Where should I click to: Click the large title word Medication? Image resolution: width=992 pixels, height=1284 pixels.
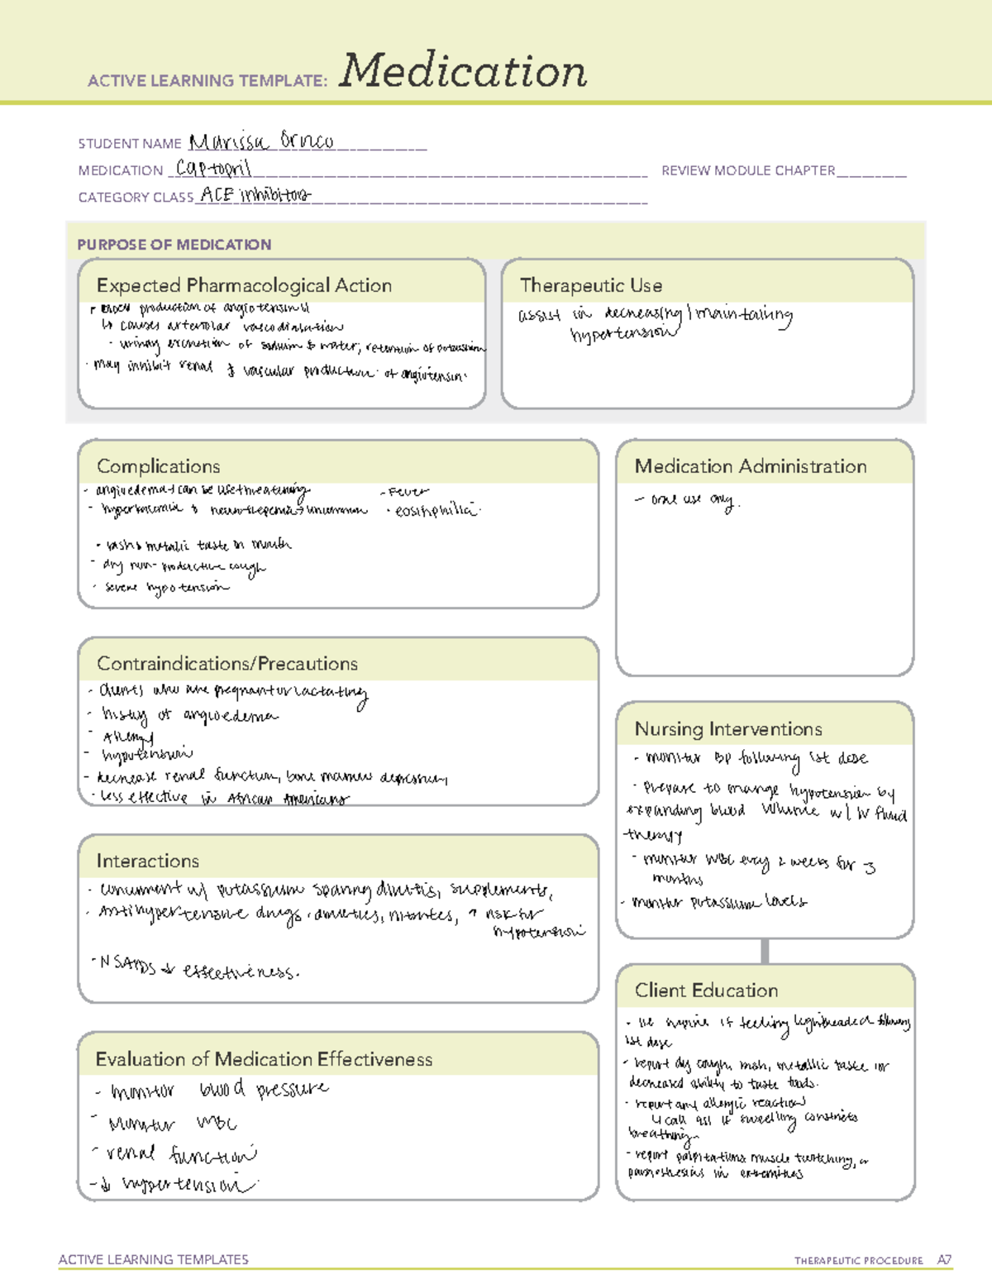463,71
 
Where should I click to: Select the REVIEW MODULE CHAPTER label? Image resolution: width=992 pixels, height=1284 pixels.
748,170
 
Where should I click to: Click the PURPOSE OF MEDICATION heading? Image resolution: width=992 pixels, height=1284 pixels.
174,245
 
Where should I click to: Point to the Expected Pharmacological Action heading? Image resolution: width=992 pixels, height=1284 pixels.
244,285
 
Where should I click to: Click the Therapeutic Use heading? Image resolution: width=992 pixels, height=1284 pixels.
591,285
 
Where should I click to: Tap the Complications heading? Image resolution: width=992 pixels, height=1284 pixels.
159,466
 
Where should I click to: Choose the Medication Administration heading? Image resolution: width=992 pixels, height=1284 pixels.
751,466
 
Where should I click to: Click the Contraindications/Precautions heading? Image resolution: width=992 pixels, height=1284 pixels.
227,664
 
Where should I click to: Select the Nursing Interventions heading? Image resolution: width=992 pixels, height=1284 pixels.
728,729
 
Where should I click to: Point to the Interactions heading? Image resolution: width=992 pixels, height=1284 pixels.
148,862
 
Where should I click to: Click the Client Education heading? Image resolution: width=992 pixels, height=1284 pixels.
706,990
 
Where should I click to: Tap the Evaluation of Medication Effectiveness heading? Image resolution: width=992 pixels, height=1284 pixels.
264,1060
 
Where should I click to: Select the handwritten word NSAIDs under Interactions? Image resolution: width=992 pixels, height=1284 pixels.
127,964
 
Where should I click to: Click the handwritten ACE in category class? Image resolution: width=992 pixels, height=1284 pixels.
217,195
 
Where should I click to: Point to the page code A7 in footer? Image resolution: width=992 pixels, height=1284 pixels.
944,1260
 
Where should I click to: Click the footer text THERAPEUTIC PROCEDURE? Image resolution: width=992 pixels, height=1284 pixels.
859,1261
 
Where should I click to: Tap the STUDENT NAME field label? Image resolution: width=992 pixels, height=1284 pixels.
130,144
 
